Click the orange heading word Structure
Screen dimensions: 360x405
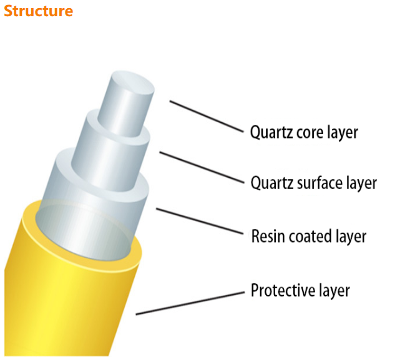(x=38, y=11)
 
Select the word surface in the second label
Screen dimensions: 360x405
(x=321, y=183)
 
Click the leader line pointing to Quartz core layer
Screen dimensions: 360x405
(x=205, y=116)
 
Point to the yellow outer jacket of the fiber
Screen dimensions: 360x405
(x=69, y=293)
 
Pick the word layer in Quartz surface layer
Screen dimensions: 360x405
(x=360, y=183)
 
